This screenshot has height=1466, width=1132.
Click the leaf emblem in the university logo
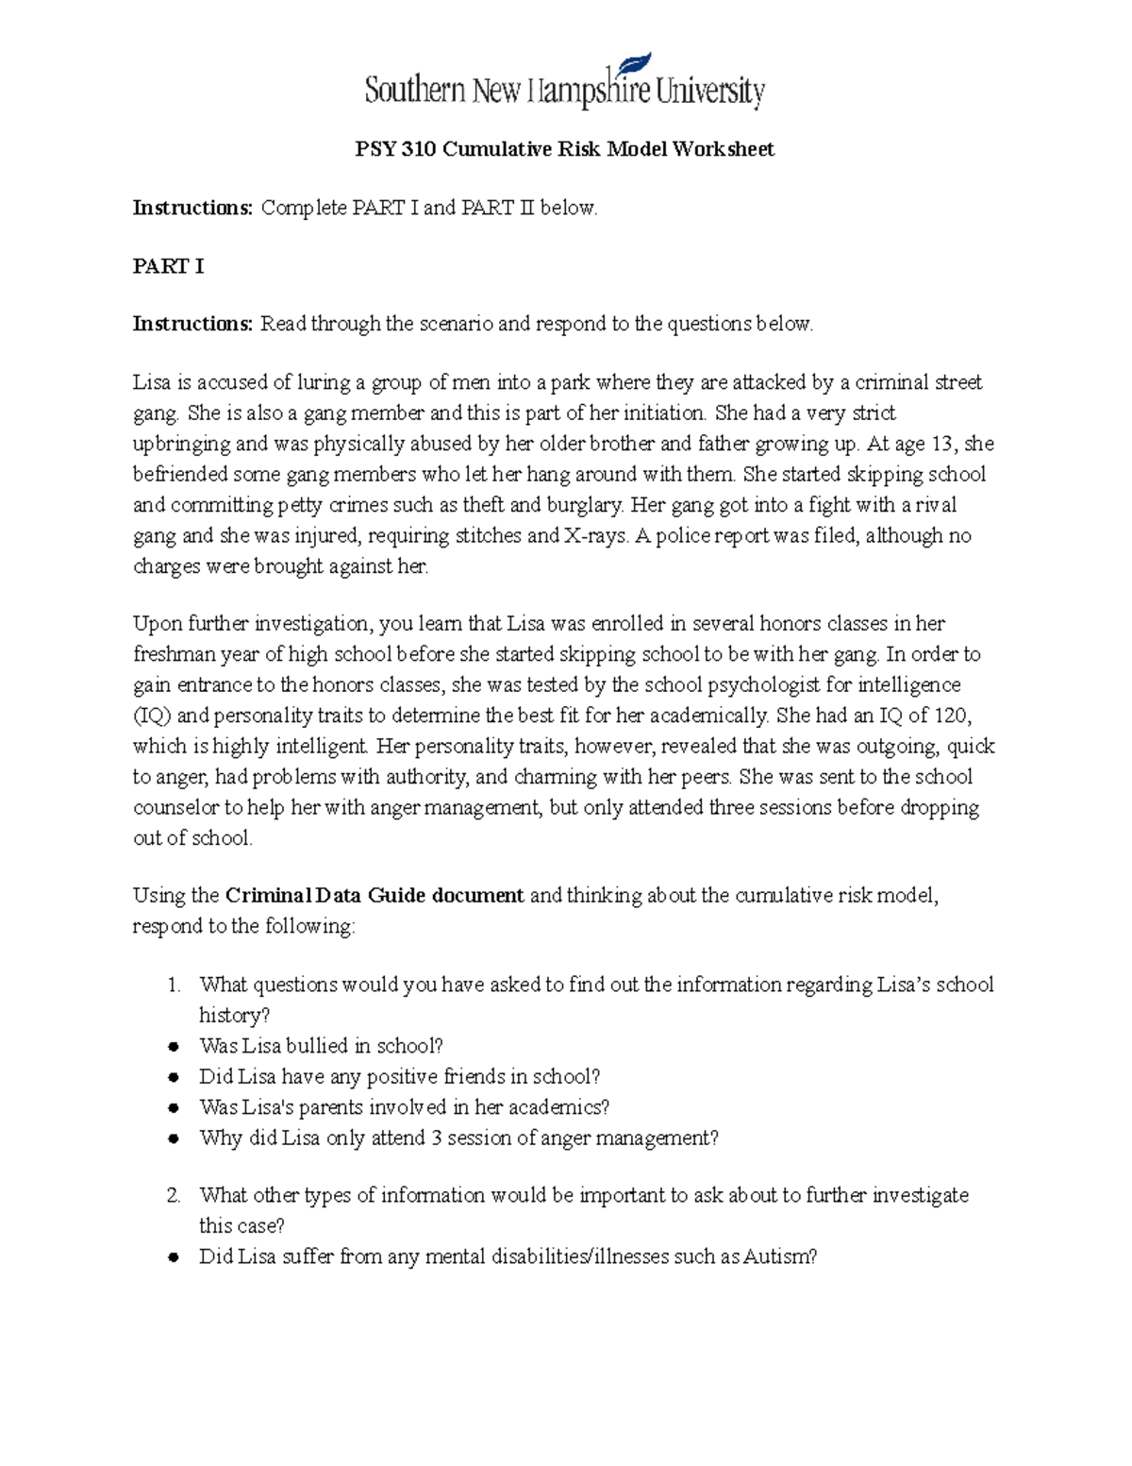click(634, 66)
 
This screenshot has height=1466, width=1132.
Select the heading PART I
click(168, 266)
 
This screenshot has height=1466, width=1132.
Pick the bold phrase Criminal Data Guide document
click(375, 896)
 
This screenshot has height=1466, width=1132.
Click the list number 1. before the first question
click(174, 986)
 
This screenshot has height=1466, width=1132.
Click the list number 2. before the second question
click(174, 1196)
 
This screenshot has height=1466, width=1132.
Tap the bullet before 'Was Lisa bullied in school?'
click(174, 1047)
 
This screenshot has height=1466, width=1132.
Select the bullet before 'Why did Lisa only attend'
click(174, 1138)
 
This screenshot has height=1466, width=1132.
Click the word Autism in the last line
click(778, 1257)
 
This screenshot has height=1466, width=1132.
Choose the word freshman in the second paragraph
click(170, 654)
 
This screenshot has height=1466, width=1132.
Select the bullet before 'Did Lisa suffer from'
click(174, 1257)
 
